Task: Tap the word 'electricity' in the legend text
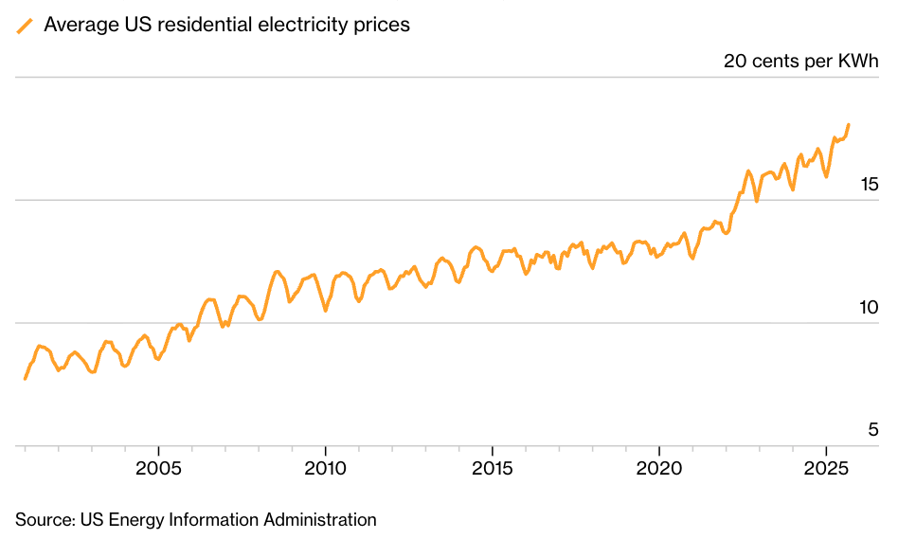tap(302, 26)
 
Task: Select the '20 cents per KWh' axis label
tap(801, 62)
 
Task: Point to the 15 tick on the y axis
tap(869, 184)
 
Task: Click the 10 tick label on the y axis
tap(869, 307)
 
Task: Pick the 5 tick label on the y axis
tap(873, 430)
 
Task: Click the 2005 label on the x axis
tap(158, 469)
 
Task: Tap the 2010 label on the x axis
tap(325, 469)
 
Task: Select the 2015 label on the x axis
tap(493, 469)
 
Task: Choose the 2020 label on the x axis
tap(659, 469)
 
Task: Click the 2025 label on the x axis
tap(826, 469)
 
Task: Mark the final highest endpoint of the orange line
tap(849, 124)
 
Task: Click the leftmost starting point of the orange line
tap(25, 379)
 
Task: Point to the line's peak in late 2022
tap(747, 171)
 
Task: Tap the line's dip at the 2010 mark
tap(325, 310)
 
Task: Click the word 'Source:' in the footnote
tap(45, 520)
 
